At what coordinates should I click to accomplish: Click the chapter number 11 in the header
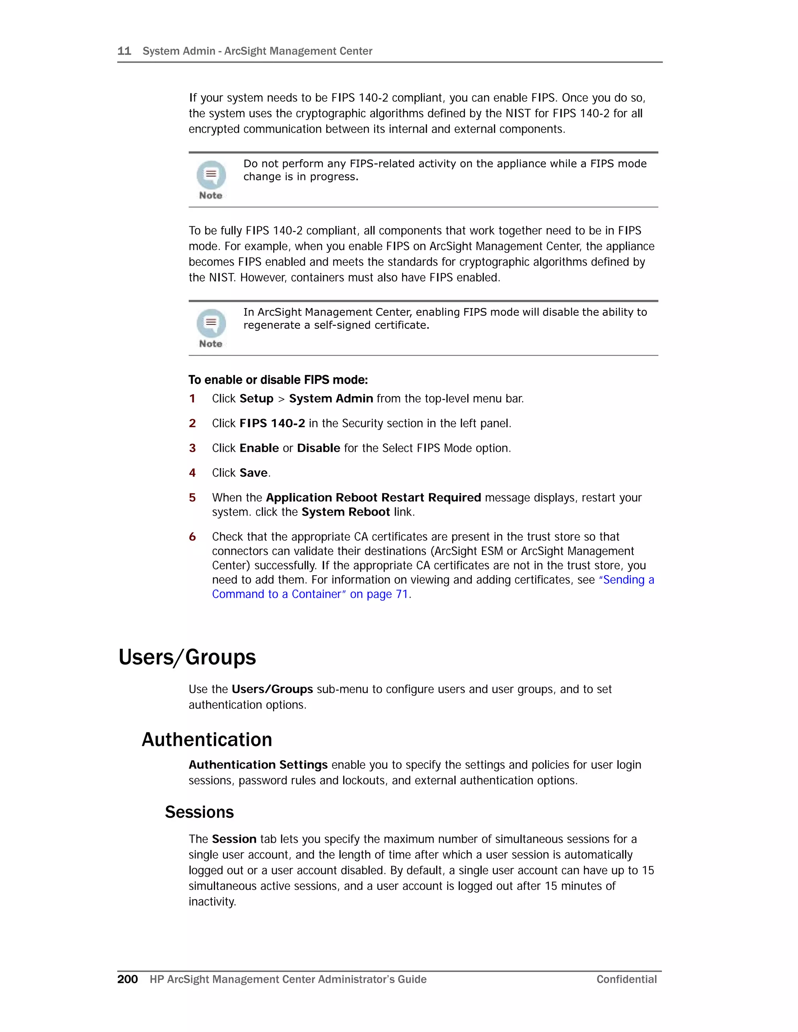tap(124, 51)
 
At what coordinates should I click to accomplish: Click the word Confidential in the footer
tap(627, 979)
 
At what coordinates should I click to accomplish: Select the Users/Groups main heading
tap(187, 657)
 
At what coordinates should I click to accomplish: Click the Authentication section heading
tap(207, 740)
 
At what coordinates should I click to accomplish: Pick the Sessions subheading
tap(199, 812)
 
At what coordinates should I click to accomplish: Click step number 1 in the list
tap(192, 398)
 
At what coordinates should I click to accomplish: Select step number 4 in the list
tap(192, 472)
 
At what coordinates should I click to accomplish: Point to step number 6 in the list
tap(192, 537)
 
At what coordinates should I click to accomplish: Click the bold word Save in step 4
tap(253, 472)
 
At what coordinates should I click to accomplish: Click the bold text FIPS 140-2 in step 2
tap(272, 423)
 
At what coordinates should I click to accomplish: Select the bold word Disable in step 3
tap(318, 448)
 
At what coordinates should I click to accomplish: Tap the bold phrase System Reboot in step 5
tap(346, 512)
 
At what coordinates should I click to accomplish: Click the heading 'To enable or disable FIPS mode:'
tap(278, 380)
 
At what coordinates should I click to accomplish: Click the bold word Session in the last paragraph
tap(234, 839)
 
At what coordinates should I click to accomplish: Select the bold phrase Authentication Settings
tap(258, 764)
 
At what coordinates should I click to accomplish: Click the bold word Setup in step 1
tap(256, 398)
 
